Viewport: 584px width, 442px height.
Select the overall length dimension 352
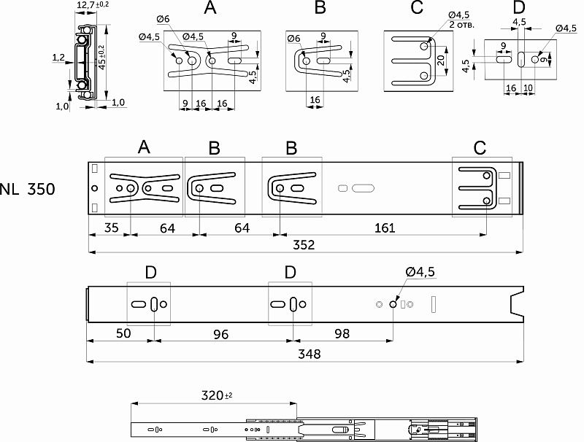pos(304,244)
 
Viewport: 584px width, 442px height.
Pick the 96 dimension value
pos(220,333)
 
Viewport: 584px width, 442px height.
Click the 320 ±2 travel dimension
pos(217,395)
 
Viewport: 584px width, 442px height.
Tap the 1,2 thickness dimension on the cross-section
pos(58,56)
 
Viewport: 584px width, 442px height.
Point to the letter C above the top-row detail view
pos(417,8)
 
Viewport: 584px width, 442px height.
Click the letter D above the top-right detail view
pos(518,8)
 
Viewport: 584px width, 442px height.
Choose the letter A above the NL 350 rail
pos(143,148)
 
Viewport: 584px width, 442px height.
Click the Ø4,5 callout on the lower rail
pos(420,272)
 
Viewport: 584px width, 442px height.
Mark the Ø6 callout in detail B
pos(293,38)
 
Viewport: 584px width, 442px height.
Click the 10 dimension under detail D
pos(528,88)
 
